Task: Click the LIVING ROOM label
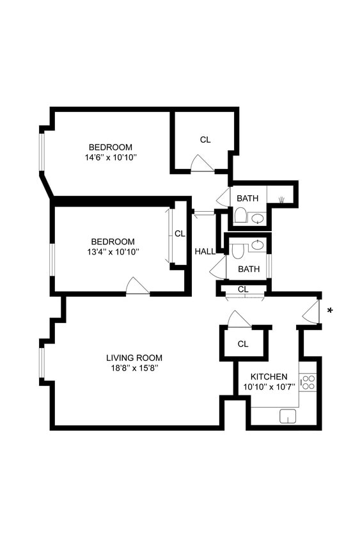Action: [134, 358]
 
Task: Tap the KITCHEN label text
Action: [269, 376]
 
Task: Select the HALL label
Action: [205, 251]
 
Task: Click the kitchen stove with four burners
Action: [308, 383]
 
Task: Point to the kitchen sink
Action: [288, 416]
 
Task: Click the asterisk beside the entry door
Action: [330, 312]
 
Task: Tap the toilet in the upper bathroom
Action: [240, 216]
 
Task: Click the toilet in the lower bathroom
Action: [238, 250]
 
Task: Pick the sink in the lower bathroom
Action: [257, 244]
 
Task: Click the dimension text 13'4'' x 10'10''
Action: [113, 251]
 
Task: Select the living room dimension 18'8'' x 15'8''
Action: [134, 368]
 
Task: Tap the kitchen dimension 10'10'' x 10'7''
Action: [269, 387]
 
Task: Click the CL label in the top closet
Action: [205, 139]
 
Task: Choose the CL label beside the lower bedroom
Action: [180, 234]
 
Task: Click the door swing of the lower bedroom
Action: [137, 285]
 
